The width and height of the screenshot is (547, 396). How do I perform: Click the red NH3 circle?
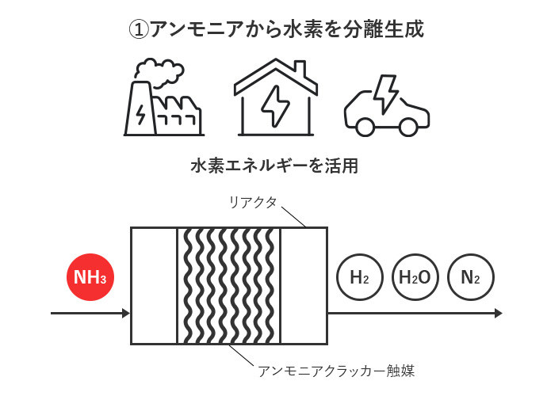point(90,277)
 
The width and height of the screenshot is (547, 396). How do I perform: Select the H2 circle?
point(359,277)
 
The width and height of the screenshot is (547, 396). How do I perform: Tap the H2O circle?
point(415,277)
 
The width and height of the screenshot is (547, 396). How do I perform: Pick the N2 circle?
point(470,277)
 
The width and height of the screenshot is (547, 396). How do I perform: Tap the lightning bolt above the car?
point(387,90)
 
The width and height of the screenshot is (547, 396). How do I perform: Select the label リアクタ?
point(253,203)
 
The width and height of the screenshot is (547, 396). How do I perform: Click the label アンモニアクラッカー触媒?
point(336,370)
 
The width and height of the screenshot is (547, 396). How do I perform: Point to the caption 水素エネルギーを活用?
point(274,166)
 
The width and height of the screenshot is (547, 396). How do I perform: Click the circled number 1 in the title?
point(138,29)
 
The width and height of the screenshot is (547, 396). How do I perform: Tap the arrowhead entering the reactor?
point(125,314)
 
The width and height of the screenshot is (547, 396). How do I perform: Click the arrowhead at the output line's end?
point(498,314)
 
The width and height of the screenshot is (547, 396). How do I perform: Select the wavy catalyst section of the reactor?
point(229,285)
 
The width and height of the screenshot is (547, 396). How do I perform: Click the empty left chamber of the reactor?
point(154,285)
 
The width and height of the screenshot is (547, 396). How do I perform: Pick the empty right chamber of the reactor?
point(304,285)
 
